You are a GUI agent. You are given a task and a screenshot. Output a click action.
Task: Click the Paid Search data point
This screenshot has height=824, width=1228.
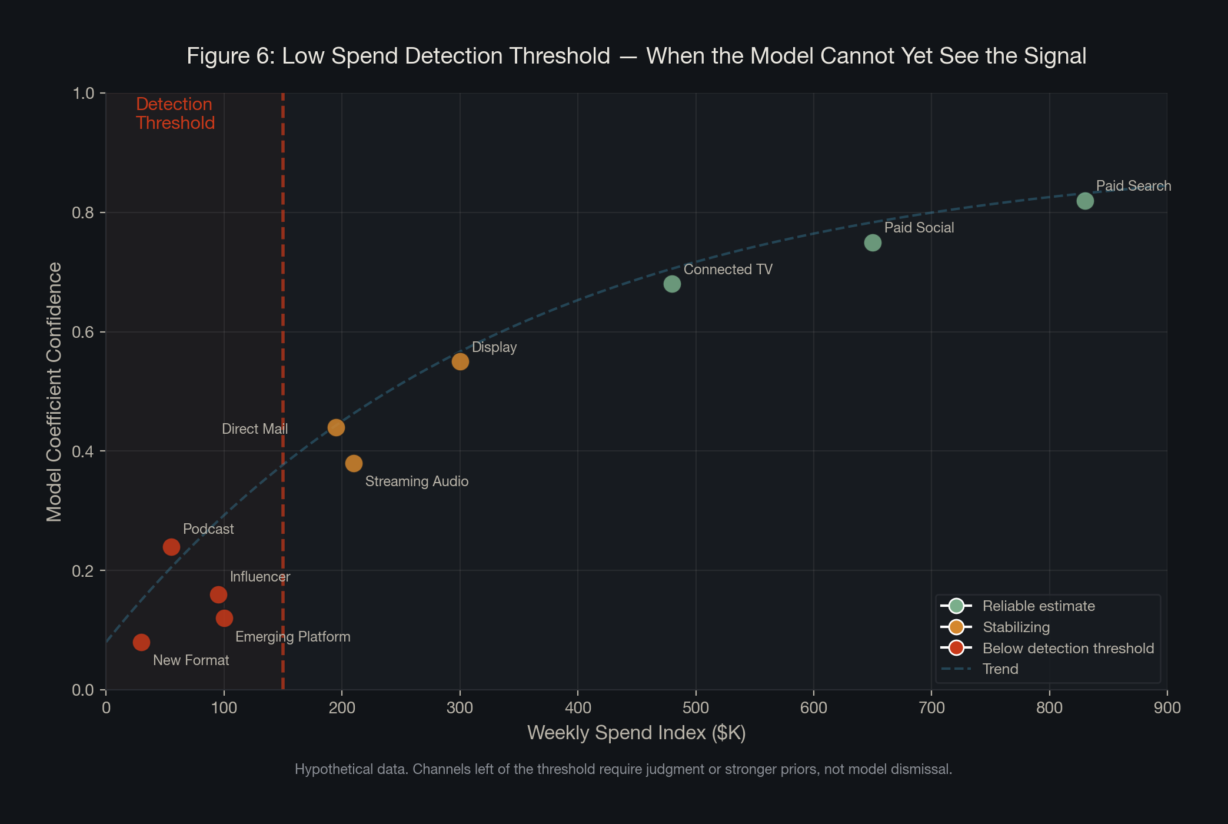[1084, 201]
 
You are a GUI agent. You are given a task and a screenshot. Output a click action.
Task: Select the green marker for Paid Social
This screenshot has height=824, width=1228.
[873, 242]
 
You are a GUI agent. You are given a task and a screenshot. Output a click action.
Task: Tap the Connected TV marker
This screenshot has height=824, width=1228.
[672, 284]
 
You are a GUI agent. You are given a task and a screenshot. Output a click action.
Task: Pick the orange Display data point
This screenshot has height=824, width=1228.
[460, 361]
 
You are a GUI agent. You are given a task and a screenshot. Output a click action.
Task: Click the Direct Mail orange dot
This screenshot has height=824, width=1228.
[336, 427]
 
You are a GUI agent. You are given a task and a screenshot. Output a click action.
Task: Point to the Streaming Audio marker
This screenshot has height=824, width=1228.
[354, 463]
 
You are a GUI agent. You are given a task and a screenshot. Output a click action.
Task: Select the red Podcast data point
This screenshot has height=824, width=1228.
[171, 547]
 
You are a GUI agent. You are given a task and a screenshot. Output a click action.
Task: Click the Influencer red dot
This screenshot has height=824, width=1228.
[218, 594]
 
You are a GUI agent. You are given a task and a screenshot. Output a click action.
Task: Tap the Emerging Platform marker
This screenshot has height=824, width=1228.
[224, 618]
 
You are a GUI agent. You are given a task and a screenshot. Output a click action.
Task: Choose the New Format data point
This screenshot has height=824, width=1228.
[141, 642]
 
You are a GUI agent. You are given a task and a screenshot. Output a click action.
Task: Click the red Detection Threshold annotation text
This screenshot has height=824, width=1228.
[175, 114]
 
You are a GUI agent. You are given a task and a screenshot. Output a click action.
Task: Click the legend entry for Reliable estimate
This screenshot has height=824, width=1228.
[1038, 606]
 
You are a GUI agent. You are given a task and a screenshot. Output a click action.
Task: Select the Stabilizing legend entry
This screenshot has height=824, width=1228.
[1016, 627]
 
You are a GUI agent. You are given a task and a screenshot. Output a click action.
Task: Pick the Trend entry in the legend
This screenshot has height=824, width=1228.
[1000, 669]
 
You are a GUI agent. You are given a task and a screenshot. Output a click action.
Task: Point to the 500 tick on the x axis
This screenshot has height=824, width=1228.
[695, 707]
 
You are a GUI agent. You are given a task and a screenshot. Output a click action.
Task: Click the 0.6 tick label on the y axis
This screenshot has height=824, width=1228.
[83, 332]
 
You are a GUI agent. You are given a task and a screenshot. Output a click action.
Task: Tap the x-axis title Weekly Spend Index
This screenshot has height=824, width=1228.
[636, 733]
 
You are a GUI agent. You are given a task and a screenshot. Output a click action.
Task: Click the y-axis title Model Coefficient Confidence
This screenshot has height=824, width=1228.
[54, 391]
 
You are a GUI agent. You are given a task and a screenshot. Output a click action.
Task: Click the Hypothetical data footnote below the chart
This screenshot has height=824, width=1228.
[623, 769]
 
